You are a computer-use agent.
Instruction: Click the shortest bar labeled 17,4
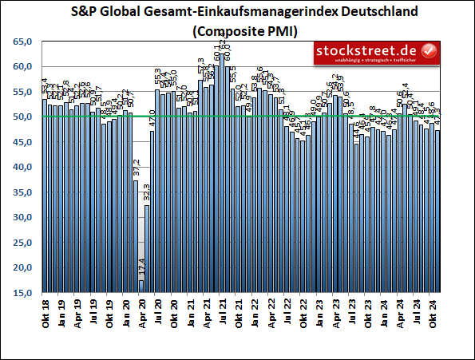(141, 287)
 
